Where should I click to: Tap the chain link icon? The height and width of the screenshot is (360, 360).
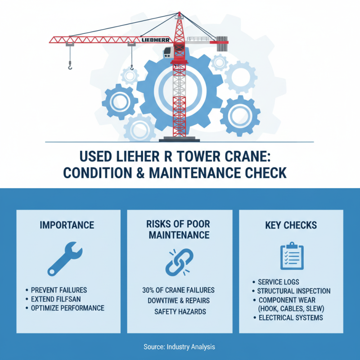[x=180, y=261]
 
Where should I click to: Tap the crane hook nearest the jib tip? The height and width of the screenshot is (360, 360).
[x=70, y=67]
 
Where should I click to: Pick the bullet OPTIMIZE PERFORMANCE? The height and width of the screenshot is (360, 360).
[x=67, y=308]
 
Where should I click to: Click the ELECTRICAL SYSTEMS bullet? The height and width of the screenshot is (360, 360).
[x=290, y=318]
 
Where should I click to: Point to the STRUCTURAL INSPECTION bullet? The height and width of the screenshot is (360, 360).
[x=293, y=291]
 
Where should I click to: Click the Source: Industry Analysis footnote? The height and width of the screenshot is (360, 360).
[x=180, y=347]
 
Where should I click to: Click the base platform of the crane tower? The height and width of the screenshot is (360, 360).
[x=180, y=139]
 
